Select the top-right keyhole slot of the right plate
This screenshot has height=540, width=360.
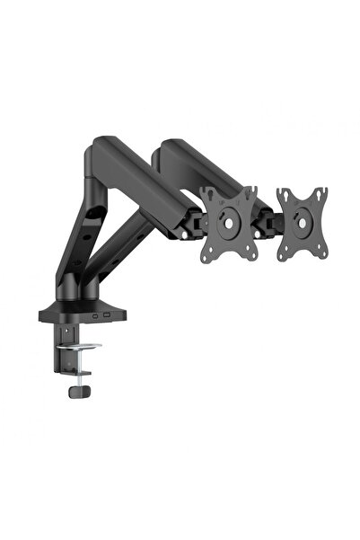pyautogui.click(x=323, y=194)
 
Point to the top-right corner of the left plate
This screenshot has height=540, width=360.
pyautogui.click(x=257, y=191)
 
